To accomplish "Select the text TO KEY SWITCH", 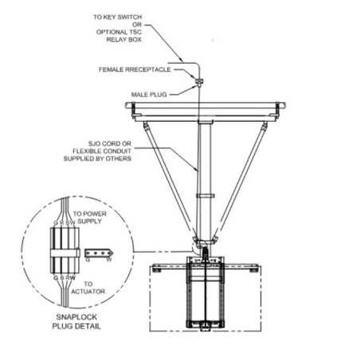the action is (119, 14).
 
